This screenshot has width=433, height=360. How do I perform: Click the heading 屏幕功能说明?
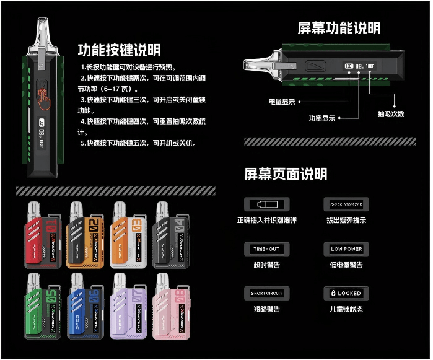pos(339,28)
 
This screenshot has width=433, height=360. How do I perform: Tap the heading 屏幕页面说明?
pos(286,174)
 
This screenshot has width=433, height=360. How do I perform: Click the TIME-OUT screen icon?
pos(266,249)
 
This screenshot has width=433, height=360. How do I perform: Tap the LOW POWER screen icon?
pos(346,249)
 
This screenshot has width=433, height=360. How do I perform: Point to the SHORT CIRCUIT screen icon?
pos(266,293)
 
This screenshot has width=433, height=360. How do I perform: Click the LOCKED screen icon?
pos(346,293)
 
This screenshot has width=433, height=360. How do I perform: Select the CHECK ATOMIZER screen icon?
pos(346,204)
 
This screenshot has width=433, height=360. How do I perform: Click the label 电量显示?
pos(282,102)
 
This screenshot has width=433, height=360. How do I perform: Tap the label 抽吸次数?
pos(391,114)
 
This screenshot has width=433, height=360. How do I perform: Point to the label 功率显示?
pos(322,118)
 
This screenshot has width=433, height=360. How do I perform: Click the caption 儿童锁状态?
pos(346,309)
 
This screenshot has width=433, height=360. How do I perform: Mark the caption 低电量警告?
pos(346,265)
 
